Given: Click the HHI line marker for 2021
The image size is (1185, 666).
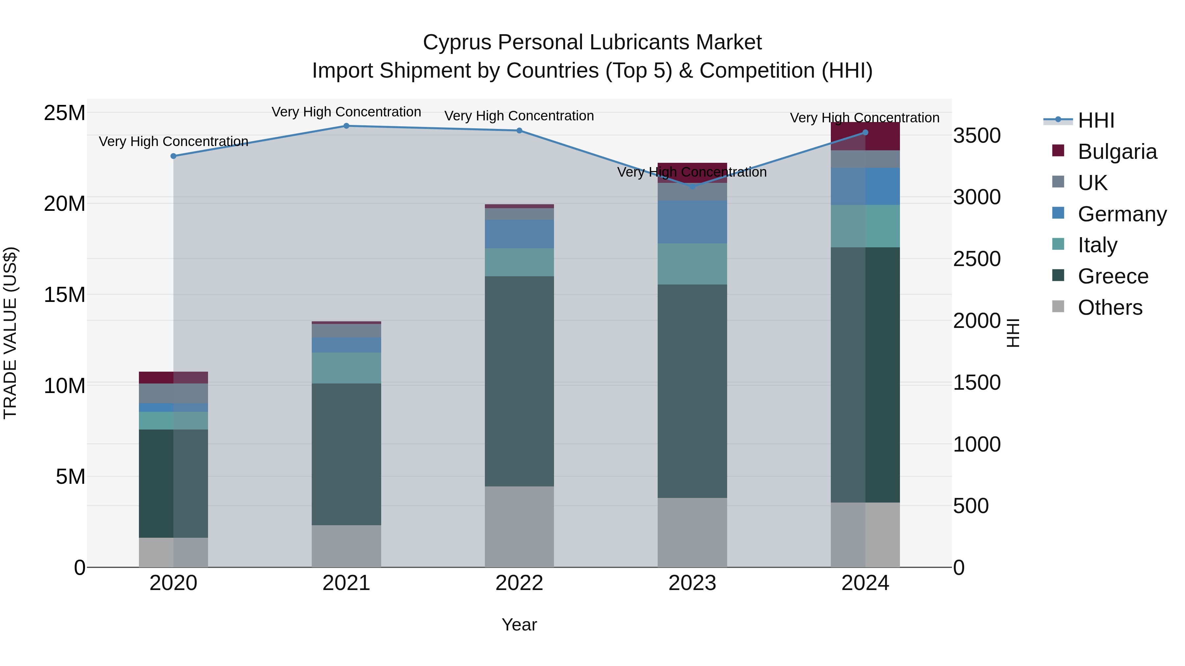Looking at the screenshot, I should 346,126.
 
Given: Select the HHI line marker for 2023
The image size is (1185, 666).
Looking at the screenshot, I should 692,186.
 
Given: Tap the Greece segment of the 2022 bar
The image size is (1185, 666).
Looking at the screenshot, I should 519,381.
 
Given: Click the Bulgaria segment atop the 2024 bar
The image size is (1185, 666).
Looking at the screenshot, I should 865,136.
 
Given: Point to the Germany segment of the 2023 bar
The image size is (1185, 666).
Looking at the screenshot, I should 692,222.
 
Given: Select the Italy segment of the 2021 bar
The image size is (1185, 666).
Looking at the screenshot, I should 346,368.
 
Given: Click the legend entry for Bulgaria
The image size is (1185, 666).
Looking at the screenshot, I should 1117,152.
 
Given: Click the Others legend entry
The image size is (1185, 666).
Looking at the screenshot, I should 1110,308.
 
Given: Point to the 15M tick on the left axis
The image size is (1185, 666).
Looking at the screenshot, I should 65,295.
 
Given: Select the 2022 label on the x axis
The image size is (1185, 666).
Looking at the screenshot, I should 519,583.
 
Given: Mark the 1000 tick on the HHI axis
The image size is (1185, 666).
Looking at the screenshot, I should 977,444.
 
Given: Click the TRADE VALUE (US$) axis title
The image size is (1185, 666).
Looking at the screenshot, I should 10,333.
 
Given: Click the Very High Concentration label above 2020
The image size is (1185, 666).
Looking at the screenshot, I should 173,141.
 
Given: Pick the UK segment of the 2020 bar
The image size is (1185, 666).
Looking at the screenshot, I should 173,393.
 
